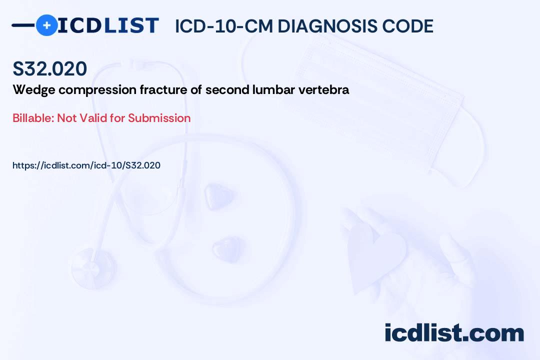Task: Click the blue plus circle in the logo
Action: (x=46, y=25)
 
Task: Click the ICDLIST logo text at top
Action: (x=108, y=25)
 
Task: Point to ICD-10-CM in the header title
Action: (x=224, y=26)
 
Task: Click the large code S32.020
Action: (x=50, y=68)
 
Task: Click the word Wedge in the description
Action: (x=34, y=90)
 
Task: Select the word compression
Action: (x=97, y=90)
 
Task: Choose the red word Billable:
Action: (x=33, y=118)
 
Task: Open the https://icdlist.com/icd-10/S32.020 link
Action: (x=86, y=165)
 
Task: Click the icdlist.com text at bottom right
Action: (x=454, y=332)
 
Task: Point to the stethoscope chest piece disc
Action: (x=93, y=268)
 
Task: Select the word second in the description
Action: (x=227, y=89)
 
